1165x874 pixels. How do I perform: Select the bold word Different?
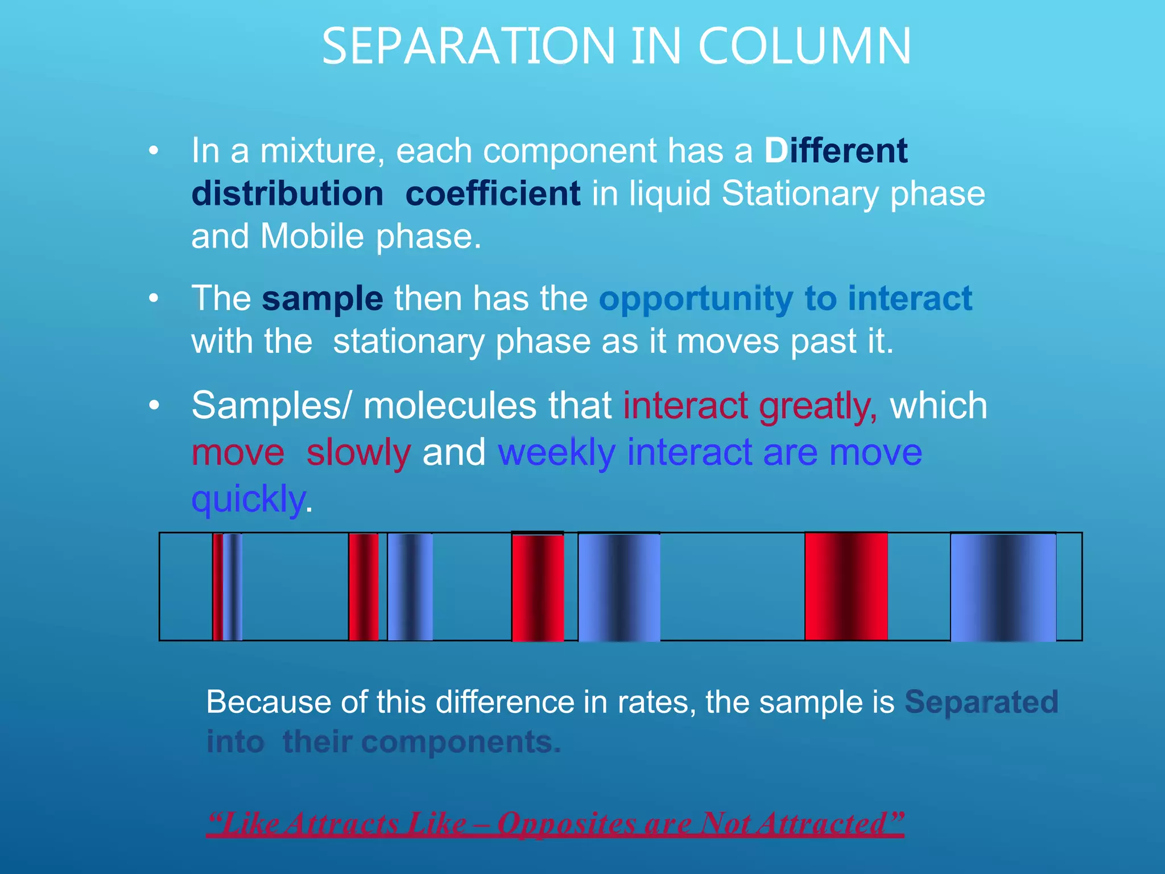coord(836,151)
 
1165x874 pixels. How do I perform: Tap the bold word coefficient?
coord(493,193)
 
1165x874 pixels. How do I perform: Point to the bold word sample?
coord(322,298)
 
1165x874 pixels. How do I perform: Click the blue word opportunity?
coord(695,299)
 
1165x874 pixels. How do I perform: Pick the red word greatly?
coord(818,406)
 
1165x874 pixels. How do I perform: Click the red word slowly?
coord(358,453)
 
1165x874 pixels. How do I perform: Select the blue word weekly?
coord(556,453)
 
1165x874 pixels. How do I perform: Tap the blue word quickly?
coord(249,499)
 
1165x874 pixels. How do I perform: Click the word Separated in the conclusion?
coord(981,702)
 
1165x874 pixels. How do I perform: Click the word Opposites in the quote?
coord(566,823)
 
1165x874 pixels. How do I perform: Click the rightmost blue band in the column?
coord(1003,587)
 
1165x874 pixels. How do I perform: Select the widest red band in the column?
coord(846,587)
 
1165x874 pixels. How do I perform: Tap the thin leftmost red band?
coord(217,587)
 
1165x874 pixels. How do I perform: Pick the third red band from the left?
coord(538,587)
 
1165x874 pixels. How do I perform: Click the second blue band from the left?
coord(410,587)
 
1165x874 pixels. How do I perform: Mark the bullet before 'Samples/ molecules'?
coord(154,406)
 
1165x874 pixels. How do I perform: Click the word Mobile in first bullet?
coord(312,236)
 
